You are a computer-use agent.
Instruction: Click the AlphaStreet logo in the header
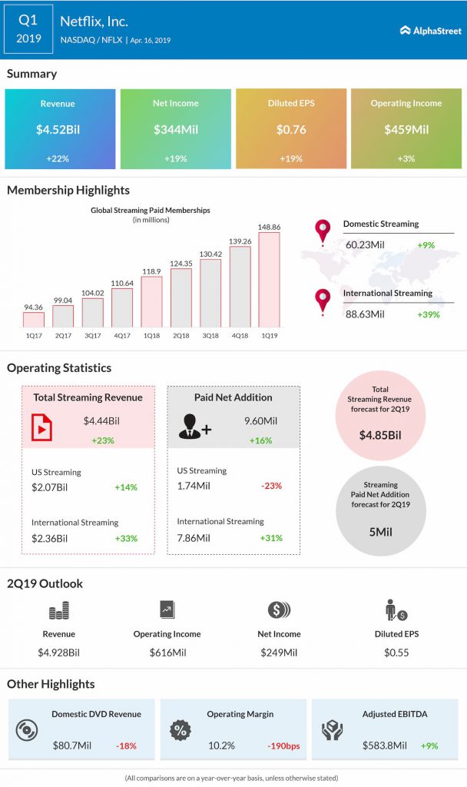(x=430, y=31)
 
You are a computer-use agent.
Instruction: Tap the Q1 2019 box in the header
(x=28, y=29)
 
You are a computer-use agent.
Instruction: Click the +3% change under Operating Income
(x=406, y=158)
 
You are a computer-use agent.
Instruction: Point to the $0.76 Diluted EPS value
(x=290, y=130)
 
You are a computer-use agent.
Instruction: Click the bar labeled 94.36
(x=34, y=320)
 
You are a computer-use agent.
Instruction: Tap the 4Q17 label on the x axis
(x=122, y=336)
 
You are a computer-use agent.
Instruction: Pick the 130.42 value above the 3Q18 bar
(x=210, y=254)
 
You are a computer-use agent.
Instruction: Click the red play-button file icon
(x=41, y=427)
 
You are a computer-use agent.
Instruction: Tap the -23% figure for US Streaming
(x=271, y=486)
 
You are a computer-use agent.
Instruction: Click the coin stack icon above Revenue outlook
(x=59, y=612)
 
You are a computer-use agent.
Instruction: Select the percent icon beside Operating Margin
(x=181, y=729)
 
